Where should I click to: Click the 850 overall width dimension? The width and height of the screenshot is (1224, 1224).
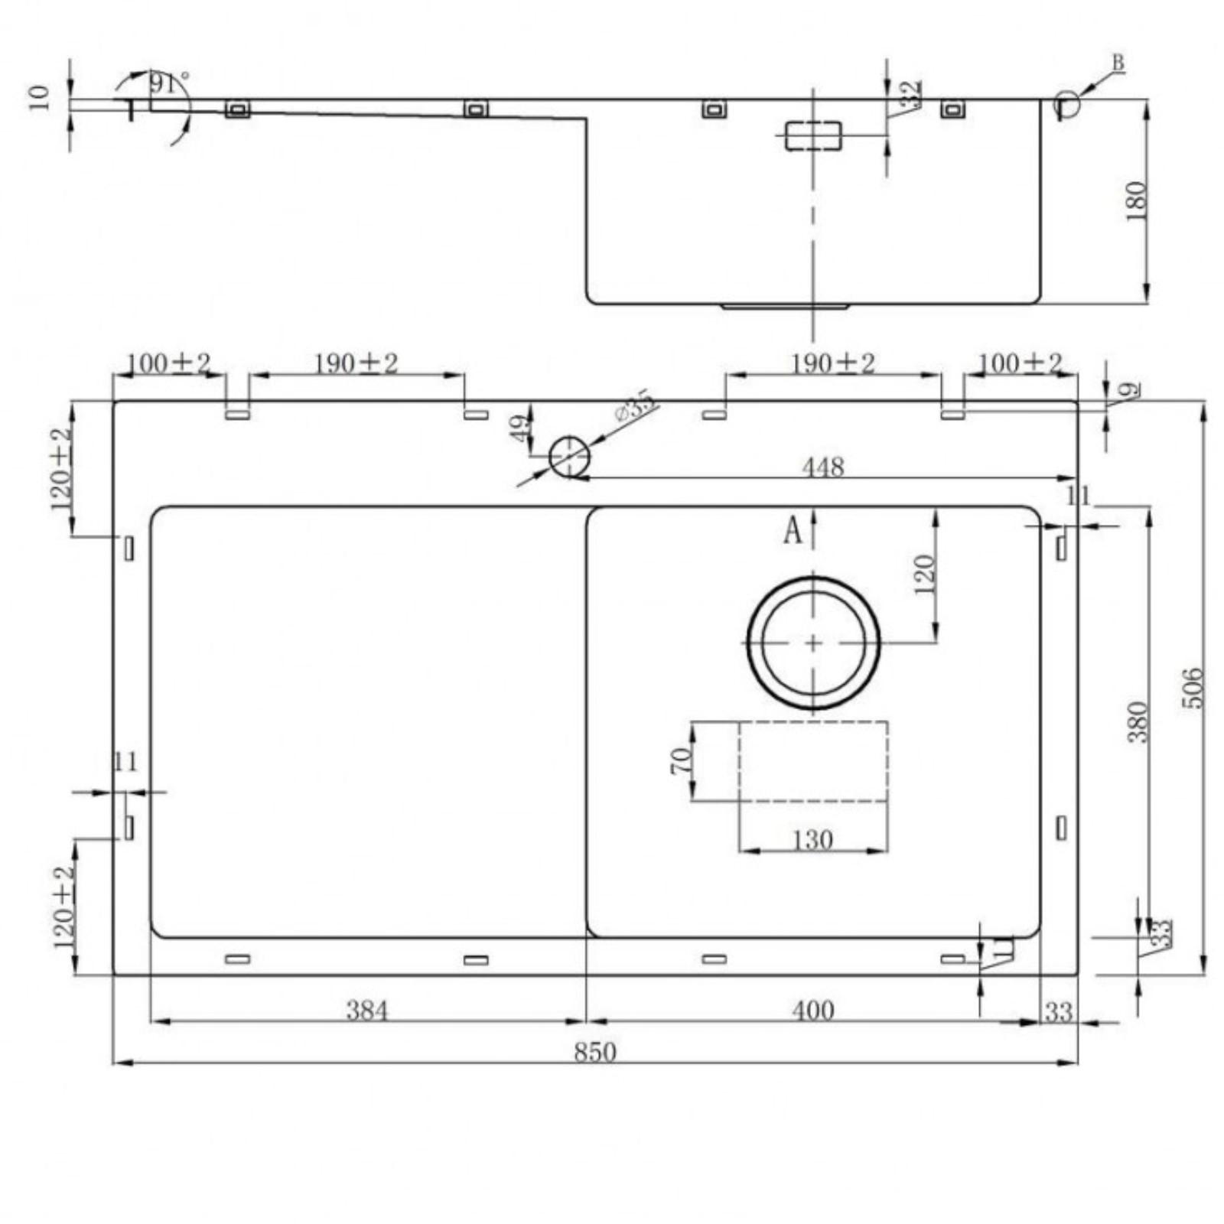(x=594, y=1052)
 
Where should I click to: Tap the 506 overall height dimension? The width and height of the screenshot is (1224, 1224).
(x=1193, y=688)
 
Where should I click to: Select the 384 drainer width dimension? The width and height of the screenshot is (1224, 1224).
(x=367, y=1011)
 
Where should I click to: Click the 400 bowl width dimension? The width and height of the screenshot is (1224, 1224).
(x=812, y=1011)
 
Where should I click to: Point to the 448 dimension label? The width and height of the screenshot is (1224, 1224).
(x=822, y=467)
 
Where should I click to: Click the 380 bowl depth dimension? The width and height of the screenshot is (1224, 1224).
(x=1138, y=721)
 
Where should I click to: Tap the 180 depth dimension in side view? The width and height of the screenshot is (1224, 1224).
(x=1138, y=200)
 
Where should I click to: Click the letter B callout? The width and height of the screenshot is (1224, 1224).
(x=1118, y=63)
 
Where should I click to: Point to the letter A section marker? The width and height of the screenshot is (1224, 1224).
(x=793, y=530)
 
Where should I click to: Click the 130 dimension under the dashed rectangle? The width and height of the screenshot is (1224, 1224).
(x=812, y=840)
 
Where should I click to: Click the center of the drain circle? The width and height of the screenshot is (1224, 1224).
(x=813, y=643)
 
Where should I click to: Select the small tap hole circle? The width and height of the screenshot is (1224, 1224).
(x=569, y=457)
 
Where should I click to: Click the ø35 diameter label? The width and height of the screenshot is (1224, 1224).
(x=634, y=405)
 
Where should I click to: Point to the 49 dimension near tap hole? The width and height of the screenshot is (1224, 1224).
(x=520, y=428)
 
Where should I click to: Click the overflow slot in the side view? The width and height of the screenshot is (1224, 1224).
(x=813, y=136)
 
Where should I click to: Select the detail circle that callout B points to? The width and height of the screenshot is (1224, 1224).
(x=1067, y=103)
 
